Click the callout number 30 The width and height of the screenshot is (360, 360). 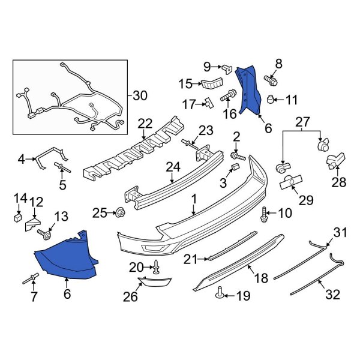pyautogui.click(x=139, y=95)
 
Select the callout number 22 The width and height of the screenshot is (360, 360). pyautogui.click(x=145, y=123)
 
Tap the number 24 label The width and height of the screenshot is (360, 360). pyautogui.click(x=173, y=167)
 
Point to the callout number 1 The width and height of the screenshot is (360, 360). pyautogui.click(x=194, y=198)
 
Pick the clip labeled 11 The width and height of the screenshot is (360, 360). pyautogui.click(x=272, y=98)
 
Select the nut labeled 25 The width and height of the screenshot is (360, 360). pyautogui.click(x=119, y=212)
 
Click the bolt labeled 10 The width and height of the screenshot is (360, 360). pyautogui.click(x=265, y=212)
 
